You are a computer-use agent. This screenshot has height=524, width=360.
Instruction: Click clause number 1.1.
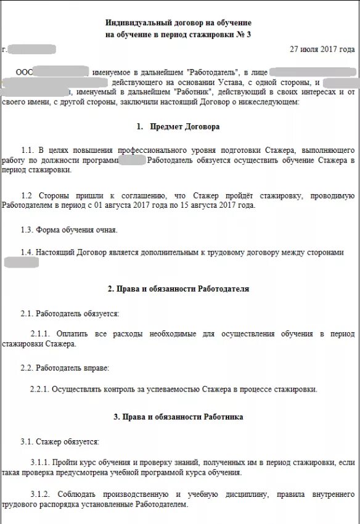pos(27,150)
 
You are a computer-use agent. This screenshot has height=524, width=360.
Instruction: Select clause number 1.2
pos(27,196)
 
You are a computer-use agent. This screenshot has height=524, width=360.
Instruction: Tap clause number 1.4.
pos(27,252)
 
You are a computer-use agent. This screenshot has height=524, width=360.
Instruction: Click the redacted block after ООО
pos(60,72)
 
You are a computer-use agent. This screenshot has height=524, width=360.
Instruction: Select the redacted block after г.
pos(32,49)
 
